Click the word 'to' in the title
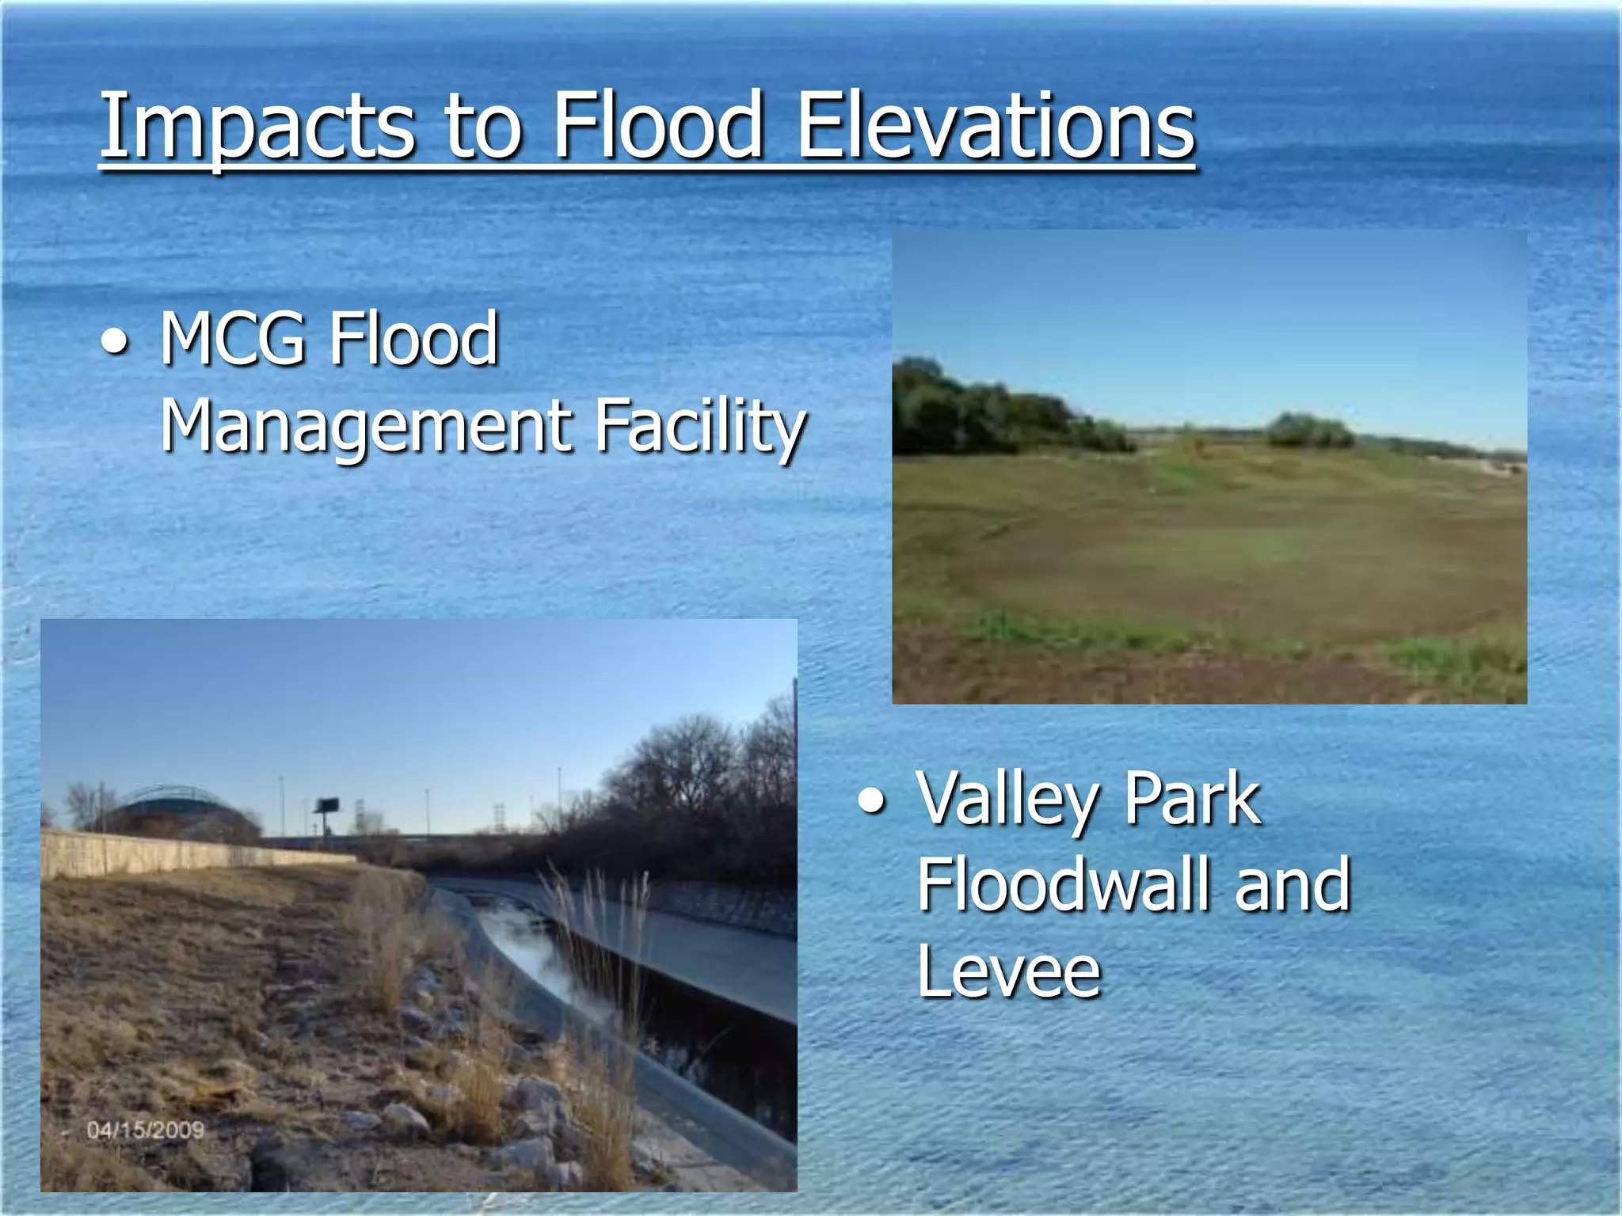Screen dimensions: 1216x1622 point(483,127)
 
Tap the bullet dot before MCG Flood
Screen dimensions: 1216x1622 point(116,343)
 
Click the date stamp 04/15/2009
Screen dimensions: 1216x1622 point(146,1130)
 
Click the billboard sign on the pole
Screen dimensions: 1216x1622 point(326,806)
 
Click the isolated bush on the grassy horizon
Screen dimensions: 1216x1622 point(1311,431)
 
